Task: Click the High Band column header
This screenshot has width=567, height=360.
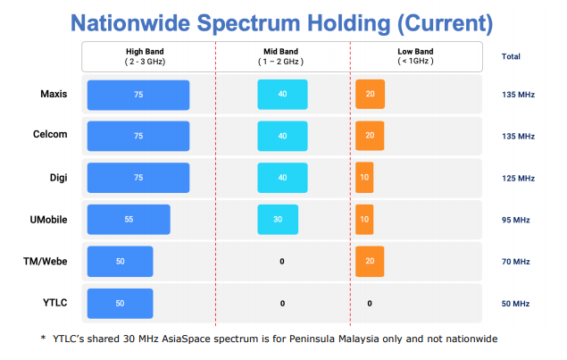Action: (x=147, y=56)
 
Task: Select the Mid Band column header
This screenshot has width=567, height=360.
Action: (x=282, y=56)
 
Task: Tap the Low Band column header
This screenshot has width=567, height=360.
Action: (x=415, y=56)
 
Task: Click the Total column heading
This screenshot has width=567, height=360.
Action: (x=511, y=56)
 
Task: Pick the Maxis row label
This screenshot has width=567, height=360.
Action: (x=53, y=94)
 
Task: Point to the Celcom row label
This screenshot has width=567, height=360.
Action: (x=51, y=136)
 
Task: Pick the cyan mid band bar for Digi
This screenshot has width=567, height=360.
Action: (x=282, y=178)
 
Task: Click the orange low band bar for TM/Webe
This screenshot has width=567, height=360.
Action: (x=370, y=262)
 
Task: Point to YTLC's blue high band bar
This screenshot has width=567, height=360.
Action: (x=120, y=303)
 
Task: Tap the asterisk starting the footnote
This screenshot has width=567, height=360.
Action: (x=43, y=339)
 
